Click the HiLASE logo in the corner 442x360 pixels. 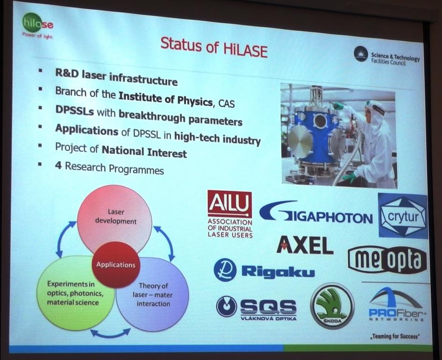tap(37, 27)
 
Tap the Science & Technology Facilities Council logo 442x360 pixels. tap(386, 56)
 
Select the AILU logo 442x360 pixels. tap(230, 214)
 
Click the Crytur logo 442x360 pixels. tap(403, 216)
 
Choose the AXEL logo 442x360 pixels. tap(305, 245)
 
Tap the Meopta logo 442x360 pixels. tap(388, 260)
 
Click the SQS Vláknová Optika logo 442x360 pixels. tap(257, 308)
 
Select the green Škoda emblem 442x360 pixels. tap(332, 306)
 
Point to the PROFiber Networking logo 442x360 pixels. tap(396, 306)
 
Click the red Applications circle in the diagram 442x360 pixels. tap(116, 264)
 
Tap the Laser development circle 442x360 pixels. tap(114, 218)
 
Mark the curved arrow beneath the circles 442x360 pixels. tap(110, 334)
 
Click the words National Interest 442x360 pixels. tap(144, 151)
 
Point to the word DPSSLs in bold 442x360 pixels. tap(74, 111)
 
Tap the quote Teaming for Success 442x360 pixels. tap(395, 336)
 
